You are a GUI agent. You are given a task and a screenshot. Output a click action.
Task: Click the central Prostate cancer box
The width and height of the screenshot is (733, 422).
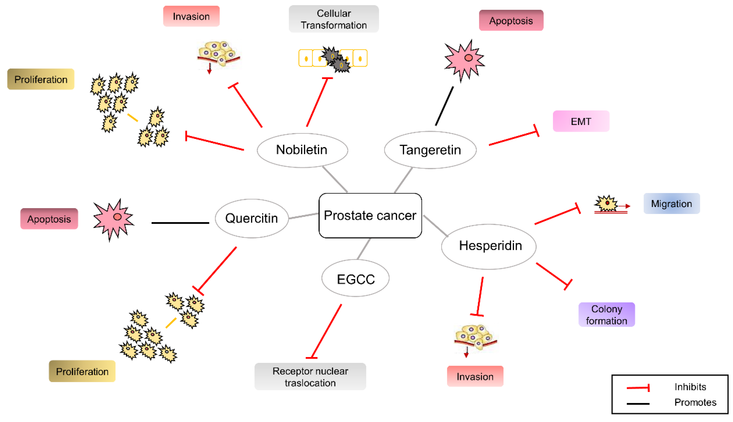pyautogui.click(x=370, y=215)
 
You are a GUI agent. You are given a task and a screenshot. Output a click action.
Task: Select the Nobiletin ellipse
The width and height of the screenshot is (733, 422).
pyautogui.click(x=302, y=150)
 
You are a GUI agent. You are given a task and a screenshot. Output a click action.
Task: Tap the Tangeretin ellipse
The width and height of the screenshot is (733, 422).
pyautogui.click(x=430, y=150)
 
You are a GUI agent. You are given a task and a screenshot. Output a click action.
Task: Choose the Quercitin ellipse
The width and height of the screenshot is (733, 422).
pyautogui.click(x=251, y=218)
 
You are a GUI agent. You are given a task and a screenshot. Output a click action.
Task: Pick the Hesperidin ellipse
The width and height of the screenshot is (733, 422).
pyautogui.click(x=489, y=246)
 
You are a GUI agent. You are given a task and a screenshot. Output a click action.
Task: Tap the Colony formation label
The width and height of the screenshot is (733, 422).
pyautogui.click(x=606, y=314)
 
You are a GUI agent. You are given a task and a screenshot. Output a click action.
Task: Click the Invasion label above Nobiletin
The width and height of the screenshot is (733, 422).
pyautogui.click(x=191, y=16)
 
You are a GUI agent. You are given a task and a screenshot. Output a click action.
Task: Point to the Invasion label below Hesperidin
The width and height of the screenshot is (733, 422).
pyautogui.click(x=475, y=376)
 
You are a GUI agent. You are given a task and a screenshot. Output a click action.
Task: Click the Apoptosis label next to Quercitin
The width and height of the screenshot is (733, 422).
pyautogui.click(x=49, y=219)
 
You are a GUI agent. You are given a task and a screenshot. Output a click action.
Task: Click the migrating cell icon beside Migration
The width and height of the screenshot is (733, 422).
pyautogui.click(x=607, y=204)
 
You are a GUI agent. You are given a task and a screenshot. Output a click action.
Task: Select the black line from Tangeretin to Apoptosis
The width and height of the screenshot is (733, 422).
pyautogui.click(x=444, y=106)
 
